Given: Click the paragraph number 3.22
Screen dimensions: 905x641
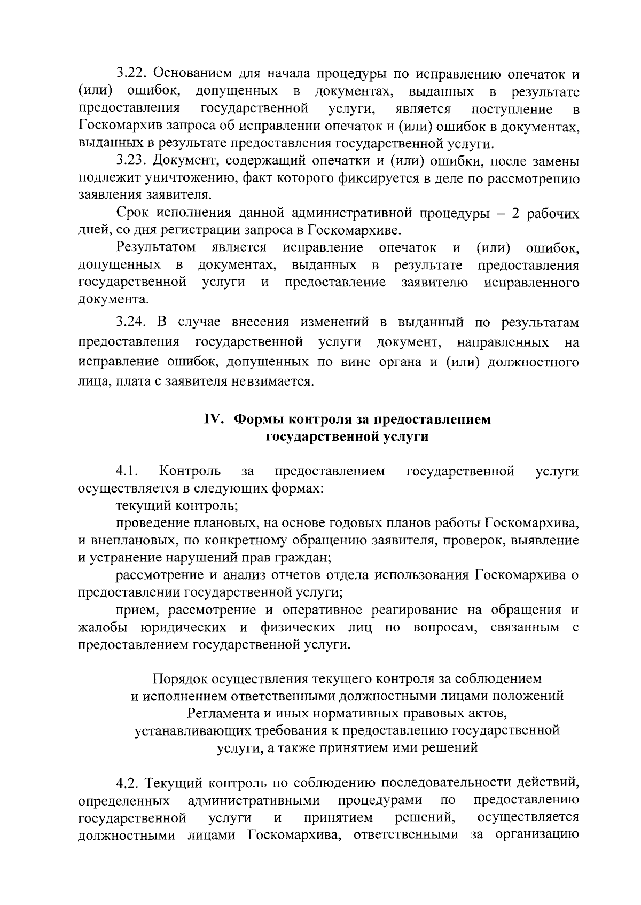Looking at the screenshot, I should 131,74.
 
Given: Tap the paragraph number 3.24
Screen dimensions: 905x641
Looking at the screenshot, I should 131,323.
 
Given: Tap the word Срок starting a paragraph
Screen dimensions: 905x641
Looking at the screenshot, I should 134,213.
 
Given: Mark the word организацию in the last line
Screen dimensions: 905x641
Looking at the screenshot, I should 537,835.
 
